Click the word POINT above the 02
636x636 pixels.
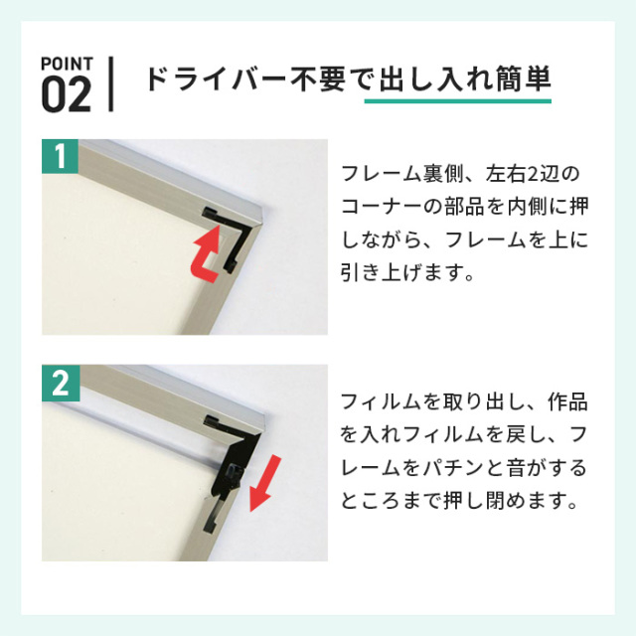67,64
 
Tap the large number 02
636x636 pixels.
67,95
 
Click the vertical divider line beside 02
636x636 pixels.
110,83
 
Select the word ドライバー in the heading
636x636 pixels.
217,79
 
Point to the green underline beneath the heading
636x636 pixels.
457,100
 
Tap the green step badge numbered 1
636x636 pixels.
60,157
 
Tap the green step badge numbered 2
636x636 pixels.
61,383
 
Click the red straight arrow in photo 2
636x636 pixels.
264,484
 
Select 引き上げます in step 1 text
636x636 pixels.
401,271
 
